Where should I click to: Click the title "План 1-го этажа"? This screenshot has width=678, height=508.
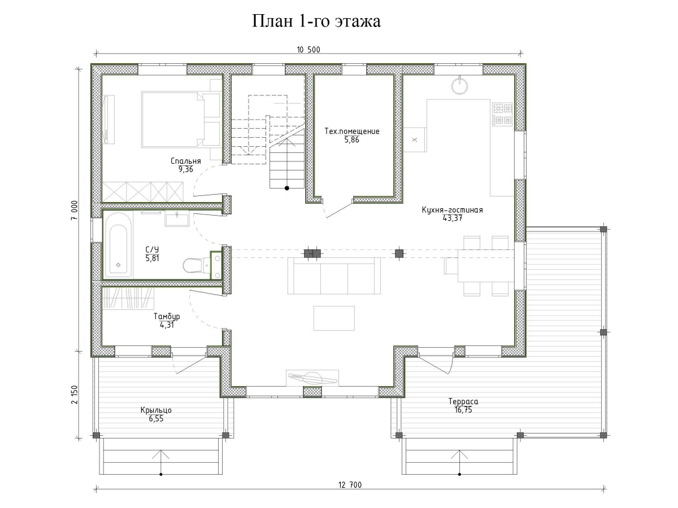pyautogui.click(x=316, y=21)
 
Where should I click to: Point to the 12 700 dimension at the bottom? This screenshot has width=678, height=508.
pyautogui.click(x=350, y=484)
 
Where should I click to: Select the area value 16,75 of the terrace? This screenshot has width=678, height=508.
pyautogui.click(x=463, y=410)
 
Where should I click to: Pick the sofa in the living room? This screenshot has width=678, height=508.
pyautogui.click(x=333, y=276)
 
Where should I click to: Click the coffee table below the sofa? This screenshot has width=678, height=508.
pyautogui.click(x=334, y=318)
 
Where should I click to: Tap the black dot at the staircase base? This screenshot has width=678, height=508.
pyautogui.click(x=286, y=188)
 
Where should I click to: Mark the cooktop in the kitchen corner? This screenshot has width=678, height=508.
pyautogui.click(x=502, y=113)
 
